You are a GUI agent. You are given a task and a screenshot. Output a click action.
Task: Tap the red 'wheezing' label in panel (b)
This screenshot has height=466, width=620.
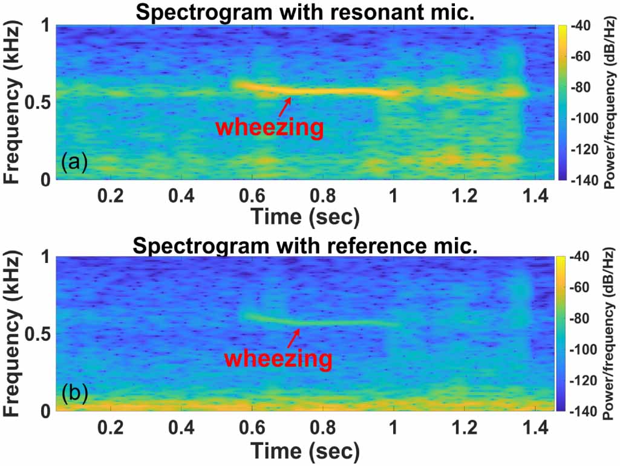pyautogui.click(x=278, y=358)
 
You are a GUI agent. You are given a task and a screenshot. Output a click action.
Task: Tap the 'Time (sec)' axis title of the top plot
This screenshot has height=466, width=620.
pyautogui.click(x=305, y=216)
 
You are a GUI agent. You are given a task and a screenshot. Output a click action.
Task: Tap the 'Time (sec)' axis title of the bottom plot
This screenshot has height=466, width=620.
pyautogui.click(x=305, y=450)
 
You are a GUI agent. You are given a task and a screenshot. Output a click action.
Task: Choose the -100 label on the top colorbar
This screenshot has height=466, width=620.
pyautogui.click(x=582, y=119)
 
